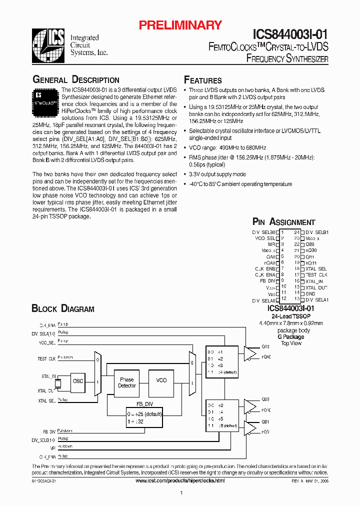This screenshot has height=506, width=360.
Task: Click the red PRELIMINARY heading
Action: coord(180,25)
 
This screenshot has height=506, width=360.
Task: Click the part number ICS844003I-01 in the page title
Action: coord(290,33)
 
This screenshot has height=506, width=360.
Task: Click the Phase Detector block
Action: coord(127,383)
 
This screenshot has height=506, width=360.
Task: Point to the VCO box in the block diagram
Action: coord(161,380)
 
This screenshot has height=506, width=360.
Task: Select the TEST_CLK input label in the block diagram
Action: coord(46,359)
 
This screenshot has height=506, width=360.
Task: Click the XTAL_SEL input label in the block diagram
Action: coord(46,400)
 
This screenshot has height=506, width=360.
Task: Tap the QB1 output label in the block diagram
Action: coord(265,421)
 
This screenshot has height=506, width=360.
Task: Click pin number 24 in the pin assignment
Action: coord(296,232)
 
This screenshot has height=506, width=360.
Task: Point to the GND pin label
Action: coord(310,293)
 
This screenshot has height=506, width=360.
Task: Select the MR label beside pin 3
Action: coord(272,244)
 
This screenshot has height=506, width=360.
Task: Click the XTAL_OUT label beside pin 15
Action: coord(316,287)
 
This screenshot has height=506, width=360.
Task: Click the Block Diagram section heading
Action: coord(63,308)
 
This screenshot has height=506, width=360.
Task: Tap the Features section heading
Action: coord(203,80)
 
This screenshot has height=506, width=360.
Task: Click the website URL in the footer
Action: coord(180,480)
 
